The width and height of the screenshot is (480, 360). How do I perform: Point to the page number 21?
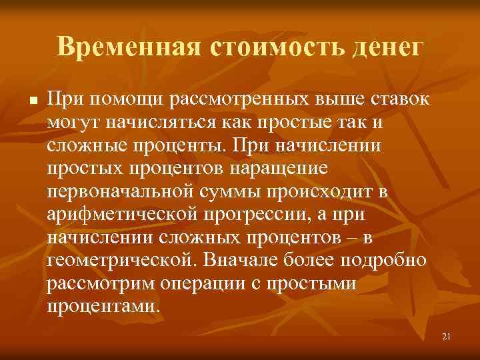[x=447, y=337]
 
